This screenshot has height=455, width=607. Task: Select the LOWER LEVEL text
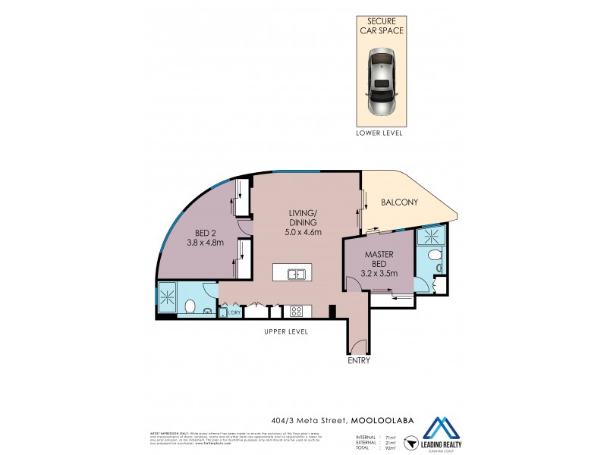click(x=379, y=133)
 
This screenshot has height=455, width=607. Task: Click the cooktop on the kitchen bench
click(x=294, y=311)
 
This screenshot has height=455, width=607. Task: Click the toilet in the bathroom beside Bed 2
click(x=192, y=306)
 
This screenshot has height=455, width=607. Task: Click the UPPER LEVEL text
click(x=285, y=332)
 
